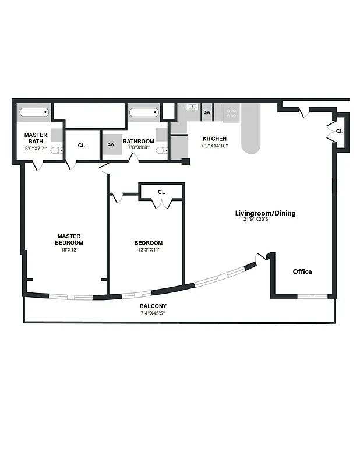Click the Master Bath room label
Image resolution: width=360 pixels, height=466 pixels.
pos(36,137)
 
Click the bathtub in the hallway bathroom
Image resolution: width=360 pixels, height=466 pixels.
pos(144,113)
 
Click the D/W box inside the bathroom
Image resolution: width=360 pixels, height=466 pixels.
pos(111,143)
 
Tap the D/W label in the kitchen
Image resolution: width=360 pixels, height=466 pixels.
pos(207,112)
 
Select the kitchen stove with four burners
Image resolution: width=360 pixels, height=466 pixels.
pos(231,112)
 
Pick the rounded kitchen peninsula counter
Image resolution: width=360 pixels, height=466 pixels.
pos(250,131)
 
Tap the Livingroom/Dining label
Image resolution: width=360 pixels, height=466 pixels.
pos(265,213)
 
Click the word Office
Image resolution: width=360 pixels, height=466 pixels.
pos(302,271)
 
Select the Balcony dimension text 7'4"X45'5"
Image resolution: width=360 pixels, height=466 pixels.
pos(153,313)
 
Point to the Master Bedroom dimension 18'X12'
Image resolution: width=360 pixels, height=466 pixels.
pos(69,249)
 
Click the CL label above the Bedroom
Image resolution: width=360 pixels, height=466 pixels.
pos(161,192)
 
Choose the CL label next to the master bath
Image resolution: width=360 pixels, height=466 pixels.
pos(81,145)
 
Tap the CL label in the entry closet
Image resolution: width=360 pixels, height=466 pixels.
pos(340,132)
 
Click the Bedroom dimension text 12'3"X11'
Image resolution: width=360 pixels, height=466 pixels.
pos(148,250)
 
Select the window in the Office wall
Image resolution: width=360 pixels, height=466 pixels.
pos(313,296)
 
